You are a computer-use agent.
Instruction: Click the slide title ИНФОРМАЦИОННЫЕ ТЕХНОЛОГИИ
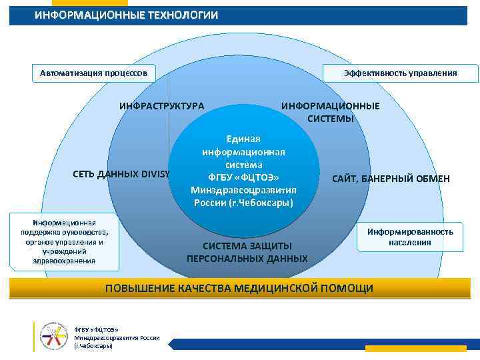tap(126, 15)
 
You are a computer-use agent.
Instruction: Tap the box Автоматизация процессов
tap(93, 72)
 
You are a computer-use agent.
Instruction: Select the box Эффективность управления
tap(400, 73)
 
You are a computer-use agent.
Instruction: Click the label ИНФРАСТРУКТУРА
tap(162, 106)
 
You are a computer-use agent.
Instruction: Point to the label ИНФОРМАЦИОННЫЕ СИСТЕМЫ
tap(331, 112)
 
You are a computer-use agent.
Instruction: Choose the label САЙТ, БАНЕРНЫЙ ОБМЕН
tap(391, 179)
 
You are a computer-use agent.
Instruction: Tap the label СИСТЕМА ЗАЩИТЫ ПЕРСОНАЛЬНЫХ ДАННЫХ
tap(247, 252)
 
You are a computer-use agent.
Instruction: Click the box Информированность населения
tap(410, 237)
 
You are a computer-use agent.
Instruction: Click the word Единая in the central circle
tap(243, 139)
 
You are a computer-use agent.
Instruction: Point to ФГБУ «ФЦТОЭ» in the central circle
tap(243, 177)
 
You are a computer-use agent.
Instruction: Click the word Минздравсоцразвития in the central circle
tap(243, 190)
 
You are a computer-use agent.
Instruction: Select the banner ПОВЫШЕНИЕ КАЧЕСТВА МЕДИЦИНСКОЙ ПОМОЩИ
tap(240, 288)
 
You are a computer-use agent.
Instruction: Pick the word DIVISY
tap(155, 175)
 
